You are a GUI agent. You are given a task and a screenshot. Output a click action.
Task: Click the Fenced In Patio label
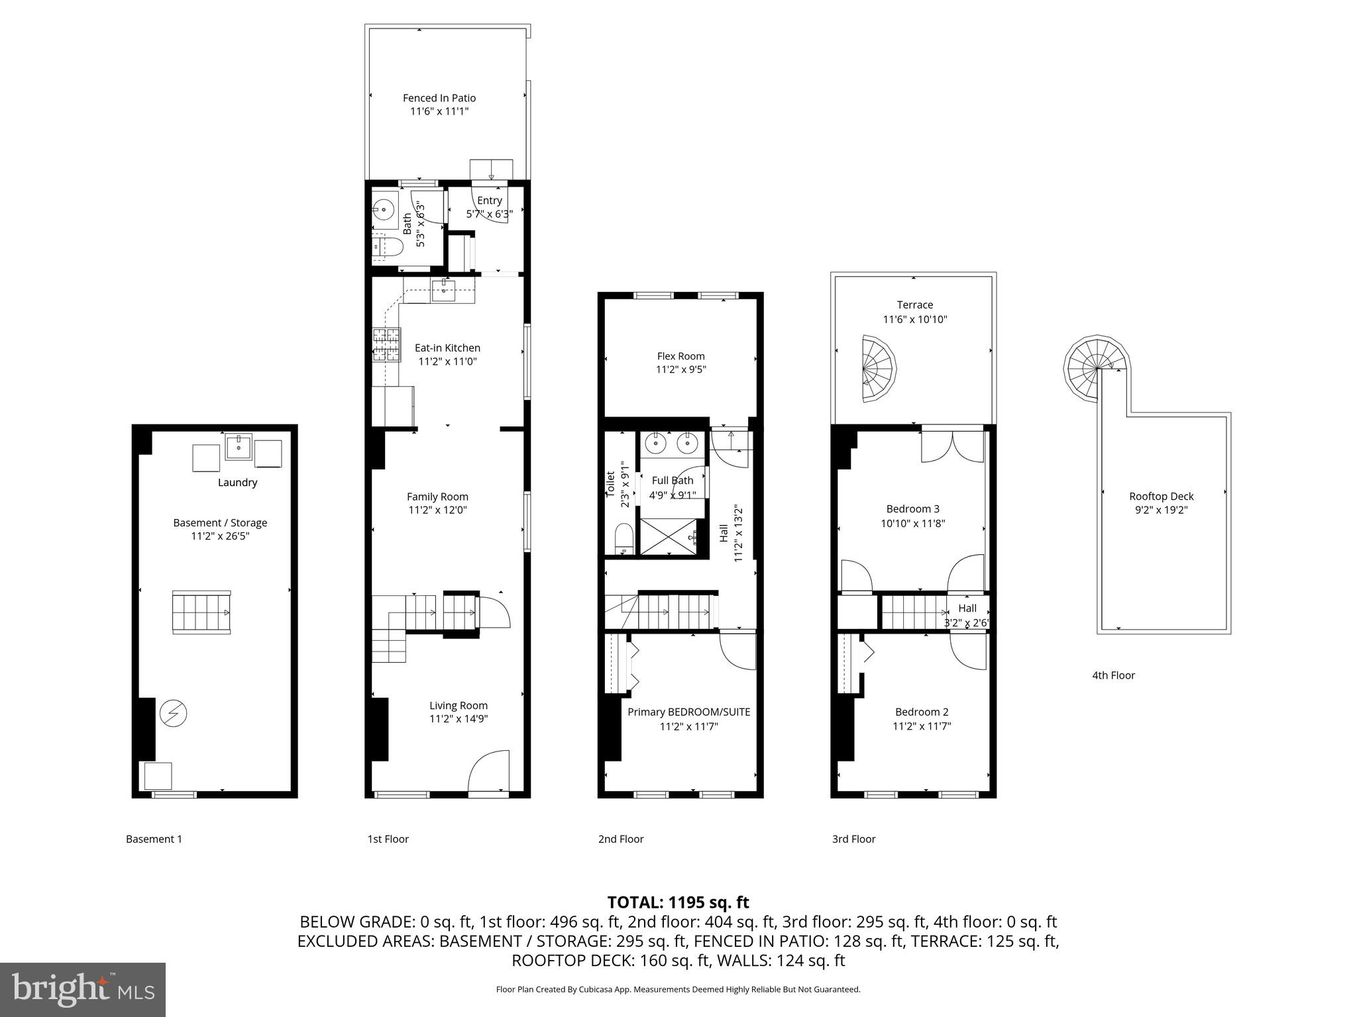click(x=439, y=98)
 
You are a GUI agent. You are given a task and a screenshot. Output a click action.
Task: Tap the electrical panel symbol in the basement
click(x=174, y=713)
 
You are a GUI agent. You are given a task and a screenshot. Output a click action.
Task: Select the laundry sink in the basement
click(x=238, y=447)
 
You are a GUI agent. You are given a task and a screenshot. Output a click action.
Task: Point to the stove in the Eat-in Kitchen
click(x=387, y=345)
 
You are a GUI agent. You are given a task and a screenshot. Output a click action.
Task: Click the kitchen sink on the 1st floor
click(x=443, y=290)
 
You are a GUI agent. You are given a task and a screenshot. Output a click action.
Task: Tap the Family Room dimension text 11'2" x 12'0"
click(x=438, y=510)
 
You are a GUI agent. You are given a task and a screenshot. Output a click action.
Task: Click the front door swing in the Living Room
click(x=489, y=771)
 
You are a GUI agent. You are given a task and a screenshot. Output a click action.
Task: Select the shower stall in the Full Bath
click(x=669, y=536)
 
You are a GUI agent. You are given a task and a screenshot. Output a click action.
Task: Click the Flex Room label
click(x=680, y=356)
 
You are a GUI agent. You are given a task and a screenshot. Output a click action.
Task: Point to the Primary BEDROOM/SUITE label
click(x=688, y=712)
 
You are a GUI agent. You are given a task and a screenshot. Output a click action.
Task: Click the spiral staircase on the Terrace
click(x=878, y=369)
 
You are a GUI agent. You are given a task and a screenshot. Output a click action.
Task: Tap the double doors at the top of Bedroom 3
click(x=952, y=447)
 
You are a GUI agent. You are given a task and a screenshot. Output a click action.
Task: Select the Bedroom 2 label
click(x=921, y=712)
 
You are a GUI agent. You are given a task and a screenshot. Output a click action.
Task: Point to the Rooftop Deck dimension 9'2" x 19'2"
click(x=1161, y=510)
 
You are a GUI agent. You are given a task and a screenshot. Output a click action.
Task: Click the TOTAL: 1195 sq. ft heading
click(x=678, y=902)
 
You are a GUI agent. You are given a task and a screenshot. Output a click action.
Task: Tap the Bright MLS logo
click(x=82, y=989)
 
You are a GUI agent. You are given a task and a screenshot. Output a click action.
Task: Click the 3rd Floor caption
click(x=853, y=839)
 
